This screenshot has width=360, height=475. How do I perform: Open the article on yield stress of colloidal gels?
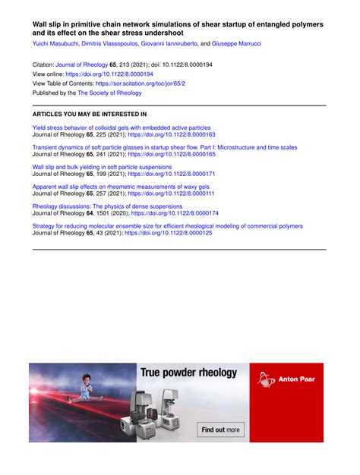[122, 127]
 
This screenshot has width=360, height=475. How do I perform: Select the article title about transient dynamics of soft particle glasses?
[165, 146]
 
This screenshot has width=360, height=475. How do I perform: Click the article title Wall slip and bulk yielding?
[102, 166]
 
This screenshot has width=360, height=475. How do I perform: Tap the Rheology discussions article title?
[107, 206]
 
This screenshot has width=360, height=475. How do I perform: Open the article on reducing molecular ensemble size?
[167, 225]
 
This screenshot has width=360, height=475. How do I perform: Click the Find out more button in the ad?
[221, 429]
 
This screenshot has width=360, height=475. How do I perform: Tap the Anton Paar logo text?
[297, 379]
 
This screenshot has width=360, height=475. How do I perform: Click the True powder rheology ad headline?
[188, 373]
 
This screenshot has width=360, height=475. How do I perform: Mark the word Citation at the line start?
[45, 65]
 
